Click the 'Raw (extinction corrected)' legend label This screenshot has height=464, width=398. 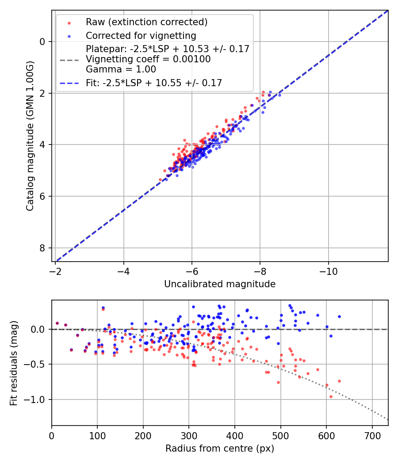(146, 22)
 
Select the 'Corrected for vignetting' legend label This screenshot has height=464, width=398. (141, 35)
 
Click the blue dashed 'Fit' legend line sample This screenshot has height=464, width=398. (69, 83)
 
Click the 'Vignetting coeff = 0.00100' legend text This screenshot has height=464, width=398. (148, 59)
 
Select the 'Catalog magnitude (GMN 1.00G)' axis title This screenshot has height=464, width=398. (30, 136)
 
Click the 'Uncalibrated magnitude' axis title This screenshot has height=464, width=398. (220, 284)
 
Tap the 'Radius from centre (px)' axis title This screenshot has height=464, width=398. (220, 449)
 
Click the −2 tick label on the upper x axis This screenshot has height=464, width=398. (55, 270)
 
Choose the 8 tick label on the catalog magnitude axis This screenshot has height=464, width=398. (42, 248)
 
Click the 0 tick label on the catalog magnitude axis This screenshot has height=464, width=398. (42, 42)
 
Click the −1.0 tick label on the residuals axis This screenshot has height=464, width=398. (36, 399)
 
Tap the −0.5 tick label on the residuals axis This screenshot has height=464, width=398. (36, 365)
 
